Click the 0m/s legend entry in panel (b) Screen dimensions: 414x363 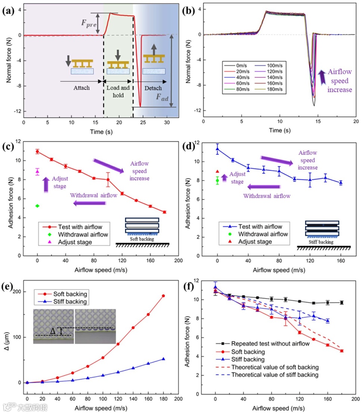pos(236,63)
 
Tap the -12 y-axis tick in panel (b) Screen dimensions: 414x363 pos(196,111)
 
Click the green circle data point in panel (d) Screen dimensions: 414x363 pos(217,181)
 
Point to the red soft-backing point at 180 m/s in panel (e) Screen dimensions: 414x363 pos(163,296)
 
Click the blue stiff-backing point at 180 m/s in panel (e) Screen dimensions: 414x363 pos(163,359)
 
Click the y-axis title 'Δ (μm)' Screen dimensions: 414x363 pos(8,336)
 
